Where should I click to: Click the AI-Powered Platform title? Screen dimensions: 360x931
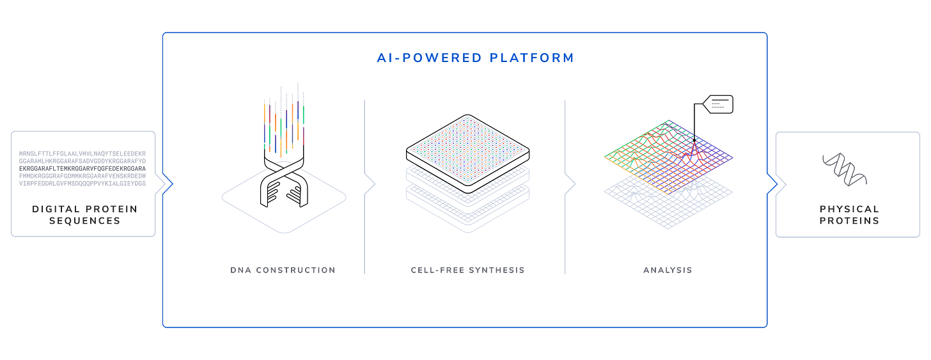click(475, 58)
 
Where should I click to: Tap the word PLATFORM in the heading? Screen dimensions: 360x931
click(532, 58)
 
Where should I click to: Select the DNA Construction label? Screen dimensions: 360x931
click(283, 270)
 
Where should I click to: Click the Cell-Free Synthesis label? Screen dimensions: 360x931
click(467, 270)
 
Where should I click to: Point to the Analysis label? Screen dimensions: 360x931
click(668, 270)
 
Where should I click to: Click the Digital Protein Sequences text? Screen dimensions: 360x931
click(85, 215)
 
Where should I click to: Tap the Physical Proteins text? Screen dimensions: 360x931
click(849, 215)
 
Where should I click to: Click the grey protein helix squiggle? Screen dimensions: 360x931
click(844, 169)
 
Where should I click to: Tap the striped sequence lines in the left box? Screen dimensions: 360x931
click(82, 168)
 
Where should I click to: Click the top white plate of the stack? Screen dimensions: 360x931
click(469, 153)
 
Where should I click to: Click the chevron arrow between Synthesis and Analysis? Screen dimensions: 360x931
click(570, 184)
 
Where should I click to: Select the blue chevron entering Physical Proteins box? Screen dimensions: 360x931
click(776, 184)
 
